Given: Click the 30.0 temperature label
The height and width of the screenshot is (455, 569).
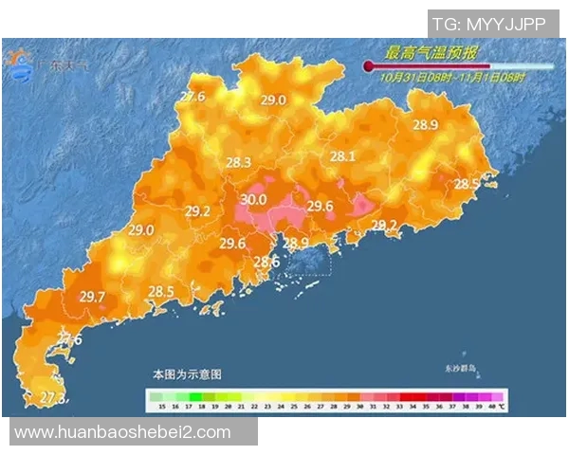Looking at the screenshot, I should [x=253, y=200].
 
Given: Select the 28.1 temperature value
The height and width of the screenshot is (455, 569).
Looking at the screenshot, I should [x=341, y=157].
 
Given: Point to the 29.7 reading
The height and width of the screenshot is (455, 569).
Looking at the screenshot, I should [x=92, y=298].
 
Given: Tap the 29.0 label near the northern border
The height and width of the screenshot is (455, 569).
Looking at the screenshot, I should [x=274, y=100].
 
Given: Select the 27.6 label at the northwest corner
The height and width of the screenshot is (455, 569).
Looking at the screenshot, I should [x=193, y=97].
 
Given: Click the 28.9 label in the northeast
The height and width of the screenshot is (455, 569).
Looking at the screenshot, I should [x=425, y=125].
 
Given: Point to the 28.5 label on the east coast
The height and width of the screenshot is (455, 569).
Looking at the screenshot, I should [x=467, y=184].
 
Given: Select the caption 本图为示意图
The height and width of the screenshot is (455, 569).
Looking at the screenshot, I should [x=188, y=374].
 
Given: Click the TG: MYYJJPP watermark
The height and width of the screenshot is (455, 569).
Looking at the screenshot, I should [x=488, y=23].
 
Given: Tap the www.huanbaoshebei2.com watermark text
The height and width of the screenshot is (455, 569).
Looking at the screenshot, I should [x=123, y=432].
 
